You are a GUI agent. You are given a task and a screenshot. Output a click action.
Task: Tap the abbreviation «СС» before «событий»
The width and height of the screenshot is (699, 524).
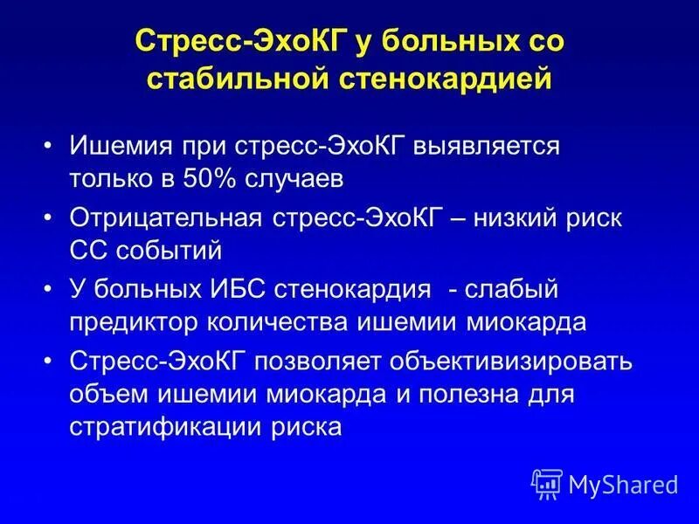click(88, 250)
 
